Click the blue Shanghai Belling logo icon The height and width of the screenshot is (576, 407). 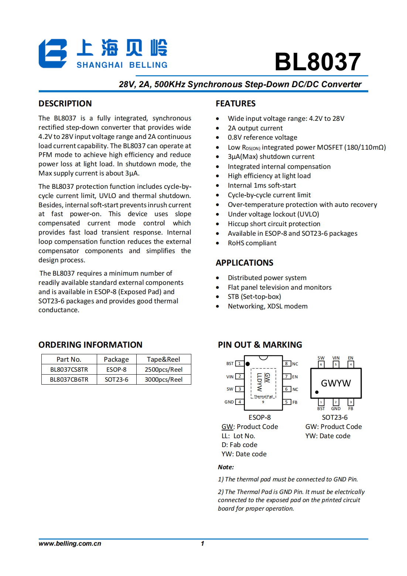(53, 54)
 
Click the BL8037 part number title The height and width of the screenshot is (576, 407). (318, 62)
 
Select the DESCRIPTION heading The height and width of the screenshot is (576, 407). (65, 103)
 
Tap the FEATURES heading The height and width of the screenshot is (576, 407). (236, 103)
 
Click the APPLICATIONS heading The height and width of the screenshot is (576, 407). (244, 263)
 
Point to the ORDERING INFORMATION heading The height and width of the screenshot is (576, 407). (90, 345)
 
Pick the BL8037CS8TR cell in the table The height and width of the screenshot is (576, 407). (69, 369)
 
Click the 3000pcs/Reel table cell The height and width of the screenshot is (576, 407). (164, 379)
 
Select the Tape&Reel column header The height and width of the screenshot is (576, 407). (163, 359)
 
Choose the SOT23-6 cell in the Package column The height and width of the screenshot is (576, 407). (116, 379)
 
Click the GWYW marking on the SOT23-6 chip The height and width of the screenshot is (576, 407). (336, 383)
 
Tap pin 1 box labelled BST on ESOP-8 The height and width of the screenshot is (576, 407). (239, 364)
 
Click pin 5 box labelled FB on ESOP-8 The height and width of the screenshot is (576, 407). (287, 402)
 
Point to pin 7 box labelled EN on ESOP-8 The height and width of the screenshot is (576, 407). (287, 376)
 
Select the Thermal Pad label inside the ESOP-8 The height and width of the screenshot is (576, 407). (263, 396)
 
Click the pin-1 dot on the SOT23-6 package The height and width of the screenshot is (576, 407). (317, 392)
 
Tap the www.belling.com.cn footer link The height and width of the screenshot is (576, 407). (70, 543)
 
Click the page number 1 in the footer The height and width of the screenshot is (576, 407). (202, 543)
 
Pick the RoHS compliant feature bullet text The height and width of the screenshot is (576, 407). (252, 243)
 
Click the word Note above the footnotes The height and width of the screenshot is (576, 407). (226, 467)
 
